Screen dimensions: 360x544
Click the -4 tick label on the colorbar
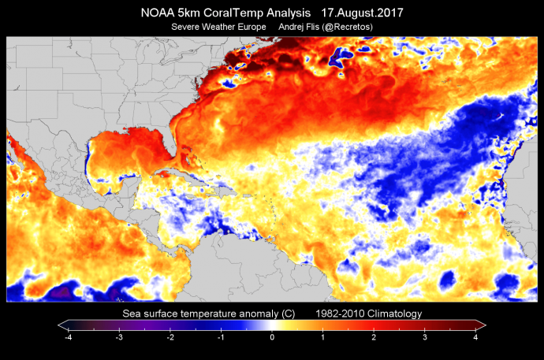click(68, 336)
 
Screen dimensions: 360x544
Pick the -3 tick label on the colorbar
click(119, 336)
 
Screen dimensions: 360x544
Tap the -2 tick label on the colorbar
click(170, 336)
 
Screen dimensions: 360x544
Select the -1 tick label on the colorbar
click(221, 336)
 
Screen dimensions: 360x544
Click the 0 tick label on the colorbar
click(272, 336)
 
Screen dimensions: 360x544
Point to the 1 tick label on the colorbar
click(323, 336)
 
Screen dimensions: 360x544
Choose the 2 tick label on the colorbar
click(374, 336)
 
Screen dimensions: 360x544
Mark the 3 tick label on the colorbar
click(425, 336)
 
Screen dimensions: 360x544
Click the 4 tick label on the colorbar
click(476, 336)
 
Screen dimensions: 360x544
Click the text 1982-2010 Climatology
click(369, 314)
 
